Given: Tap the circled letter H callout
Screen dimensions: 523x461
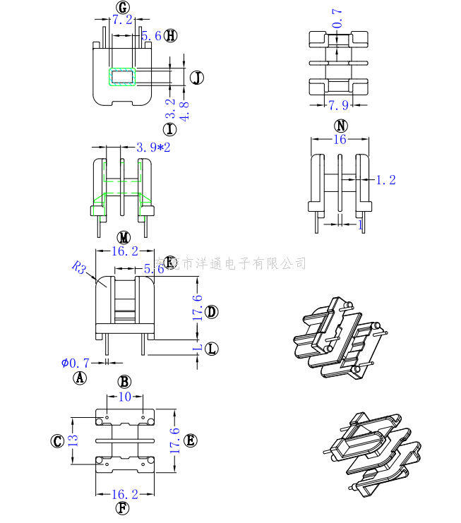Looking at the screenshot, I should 171,35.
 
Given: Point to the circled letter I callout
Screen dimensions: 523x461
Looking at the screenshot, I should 169,129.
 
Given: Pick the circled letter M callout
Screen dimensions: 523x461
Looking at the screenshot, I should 124,237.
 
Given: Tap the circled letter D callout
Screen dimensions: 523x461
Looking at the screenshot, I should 211,311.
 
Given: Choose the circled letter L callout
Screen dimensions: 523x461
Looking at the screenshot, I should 211,349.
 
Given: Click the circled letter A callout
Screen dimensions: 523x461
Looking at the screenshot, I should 80,378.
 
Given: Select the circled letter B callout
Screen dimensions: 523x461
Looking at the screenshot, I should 124,382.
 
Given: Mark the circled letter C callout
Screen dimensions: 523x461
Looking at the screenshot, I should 58,441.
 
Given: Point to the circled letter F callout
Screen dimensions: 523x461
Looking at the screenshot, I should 123,507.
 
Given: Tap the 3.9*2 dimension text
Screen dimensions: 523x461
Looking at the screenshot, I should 153,148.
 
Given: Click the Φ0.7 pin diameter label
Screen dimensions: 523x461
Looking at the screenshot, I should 75,363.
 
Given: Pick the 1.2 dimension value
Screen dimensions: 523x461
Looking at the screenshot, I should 385,180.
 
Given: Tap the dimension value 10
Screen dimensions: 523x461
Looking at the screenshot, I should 124,397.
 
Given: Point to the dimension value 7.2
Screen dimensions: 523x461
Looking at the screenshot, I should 122,21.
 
